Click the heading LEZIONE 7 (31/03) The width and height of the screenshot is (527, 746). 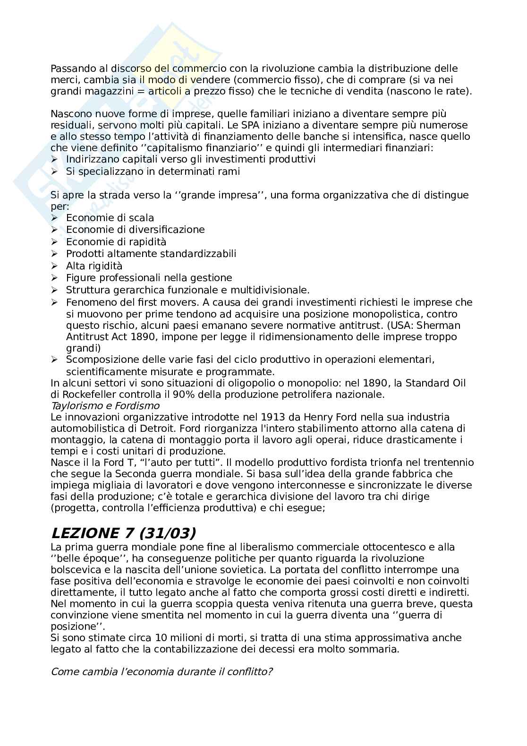coord(123,533)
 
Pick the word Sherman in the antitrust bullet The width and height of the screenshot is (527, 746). coord(436,326)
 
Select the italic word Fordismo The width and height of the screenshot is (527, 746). coord(139,406)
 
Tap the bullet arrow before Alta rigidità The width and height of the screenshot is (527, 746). coord(54,266)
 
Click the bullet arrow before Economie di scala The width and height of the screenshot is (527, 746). coord(54,218)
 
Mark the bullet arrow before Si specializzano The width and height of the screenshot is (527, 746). coord(54,171)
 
